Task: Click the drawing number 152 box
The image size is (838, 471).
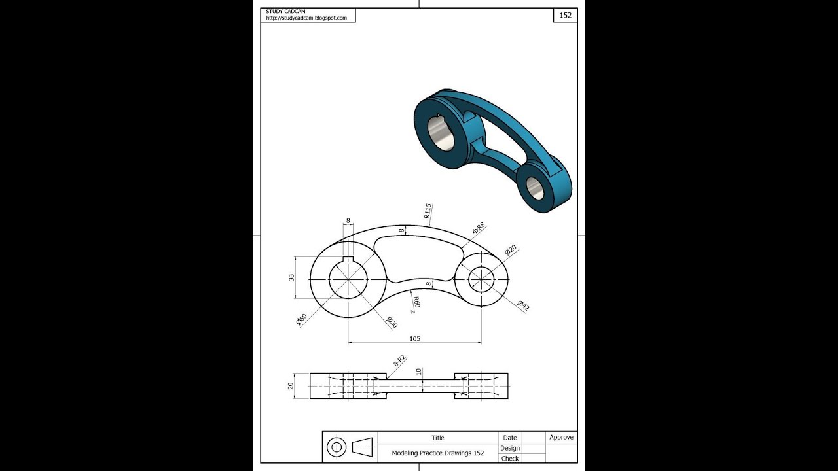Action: click(x=565, y=15)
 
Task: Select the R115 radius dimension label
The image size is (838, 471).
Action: click(x=428, y=211)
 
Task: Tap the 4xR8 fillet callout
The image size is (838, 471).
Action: click(x=479, y=228)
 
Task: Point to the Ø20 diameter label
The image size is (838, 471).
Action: click(x=511, y=250)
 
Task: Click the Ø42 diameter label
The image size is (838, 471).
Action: click(x=523, y=305)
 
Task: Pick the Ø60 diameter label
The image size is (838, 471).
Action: click(x=301, y=320)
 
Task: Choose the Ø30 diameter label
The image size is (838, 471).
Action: click(x=392, y=323)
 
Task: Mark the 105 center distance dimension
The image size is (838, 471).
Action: click(x=414, y=339)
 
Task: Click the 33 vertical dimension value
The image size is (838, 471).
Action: click(x=292, y=277)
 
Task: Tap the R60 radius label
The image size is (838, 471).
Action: click(x=415, y=302)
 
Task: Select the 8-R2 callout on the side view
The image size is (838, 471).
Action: click(x=399, y=360)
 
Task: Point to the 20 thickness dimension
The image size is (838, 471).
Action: click(x=291, y=385)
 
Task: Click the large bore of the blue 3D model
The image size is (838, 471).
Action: click(x=442, y=133)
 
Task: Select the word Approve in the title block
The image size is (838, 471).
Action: click(x=561, y=438)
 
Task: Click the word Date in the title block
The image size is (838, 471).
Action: click(x=510, y=438)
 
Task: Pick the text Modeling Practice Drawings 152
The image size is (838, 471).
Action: click(x=438, y=453)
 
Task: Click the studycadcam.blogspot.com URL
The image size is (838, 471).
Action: click(x=306, y=18)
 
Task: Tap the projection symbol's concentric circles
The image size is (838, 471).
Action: click(x=337, y=447)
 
